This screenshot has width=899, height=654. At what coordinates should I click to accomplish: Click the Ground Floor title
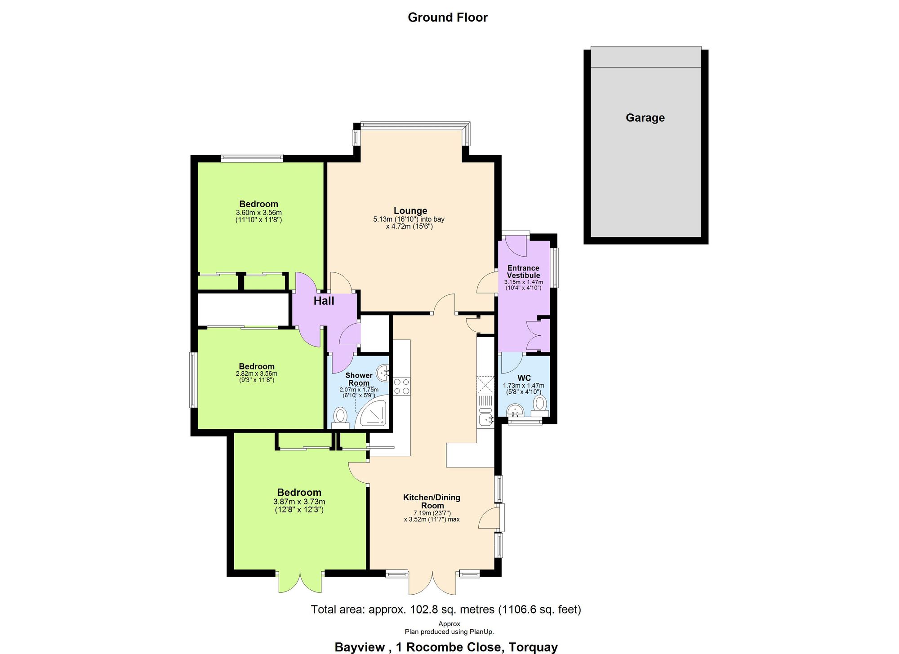[x=447, y=18]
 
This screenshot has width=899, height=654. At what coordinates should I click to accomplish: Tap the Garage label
[x=645, y=118]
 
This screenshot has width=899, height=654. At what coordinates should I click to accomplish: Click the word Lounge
[x=410, y=211]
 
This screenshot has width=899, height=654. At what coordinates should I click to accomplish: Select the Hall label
[x=324, y=301]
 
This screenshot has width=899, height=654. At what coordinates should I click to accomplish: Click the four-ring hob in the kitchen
[x=401, y=387]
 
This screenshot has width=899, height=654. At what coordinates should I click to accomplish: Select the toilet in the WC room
[x=539, y=404]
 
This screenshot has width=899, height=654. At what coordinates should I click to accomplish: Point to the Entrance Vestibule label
[x=523, y=271]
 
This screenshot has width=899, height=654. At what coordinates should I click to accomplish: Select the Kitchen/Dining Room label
[x=432, y=501]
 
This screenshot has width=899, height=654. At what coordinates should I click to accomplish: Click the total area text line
[x=446, y=610]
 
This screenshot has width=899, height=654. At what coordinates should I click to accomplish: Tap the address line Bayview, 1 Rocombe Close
[x=446, y=647]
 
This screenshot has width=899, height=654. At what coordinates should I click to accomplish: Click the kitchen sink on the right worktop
[x=485, y=419]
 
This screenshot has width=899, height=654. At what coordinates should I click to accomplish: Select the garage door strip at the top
[x=645, y=57]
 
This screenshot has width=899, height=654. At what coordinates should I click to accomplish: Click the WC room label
[x=524, y=378]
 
